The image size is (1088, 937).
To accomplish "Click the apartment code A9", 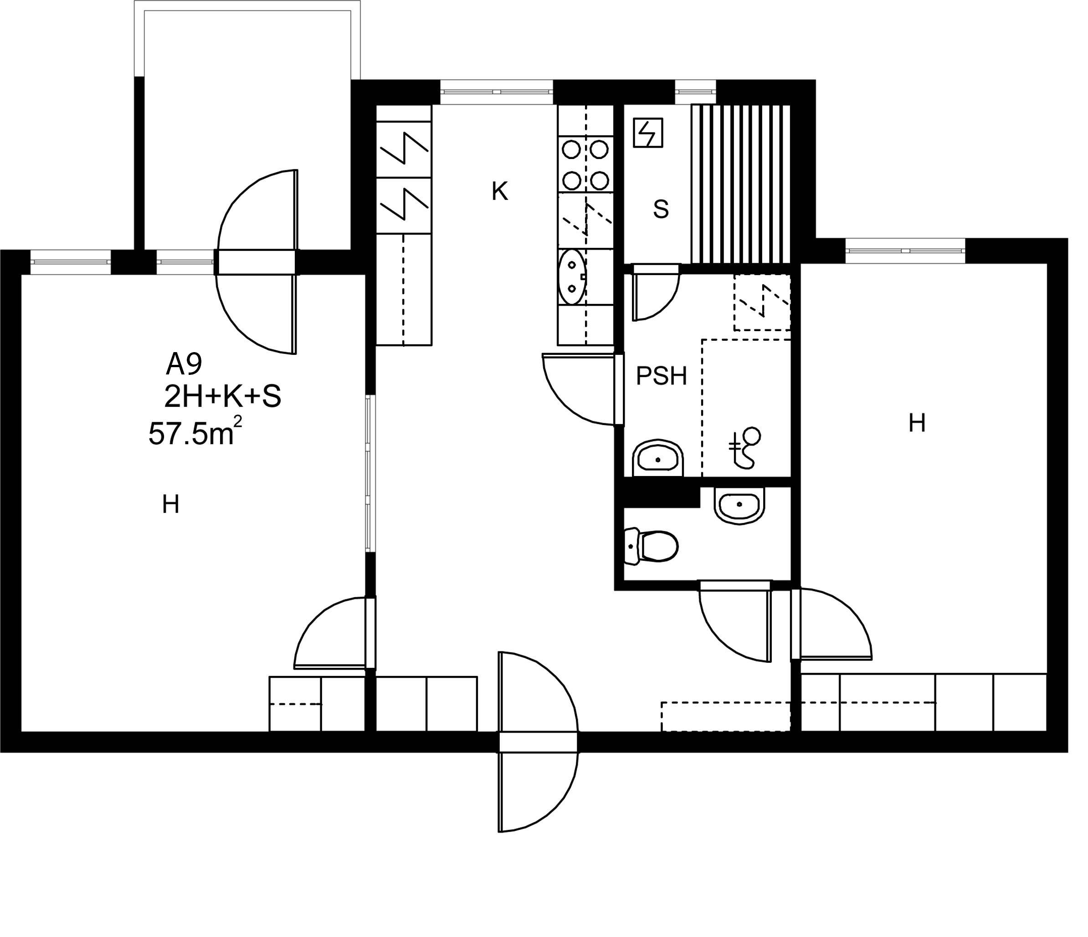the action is coord(184,364).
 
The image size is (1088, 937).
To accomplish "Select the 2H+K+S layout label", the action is coord(223,397).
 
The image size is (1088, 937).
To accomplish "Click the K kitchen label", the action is coord(500,192).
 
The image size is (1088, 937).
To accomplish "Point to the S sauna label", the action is coord(661,210).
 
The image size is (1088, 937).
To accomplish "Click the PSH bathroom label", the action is coord(661,376).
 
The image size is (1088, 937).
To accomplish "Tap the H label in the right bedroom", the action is coord(917,423).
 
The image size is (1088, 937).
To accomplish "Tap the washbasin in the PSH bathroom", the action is coord(658,458).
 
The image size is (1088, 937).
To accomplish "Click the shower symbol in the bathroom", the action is coord(745,448).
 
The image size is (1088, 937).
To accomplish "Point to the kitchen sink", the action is coord(572,276).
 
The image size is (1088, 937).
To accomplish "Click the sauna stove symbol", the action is coord(648,132).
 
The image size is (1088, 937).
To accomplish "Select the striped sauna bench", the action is coord(741,184).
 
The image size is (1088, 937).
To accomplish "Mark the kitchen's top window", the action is coord(497,92).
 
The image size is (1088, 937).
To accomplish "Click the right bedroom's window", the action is coord(905,251).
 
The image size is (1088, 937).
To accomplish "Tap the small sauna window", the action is coord(695,92).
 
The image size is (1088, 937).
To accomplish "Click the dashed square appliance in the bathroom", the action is coord(762,302).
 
